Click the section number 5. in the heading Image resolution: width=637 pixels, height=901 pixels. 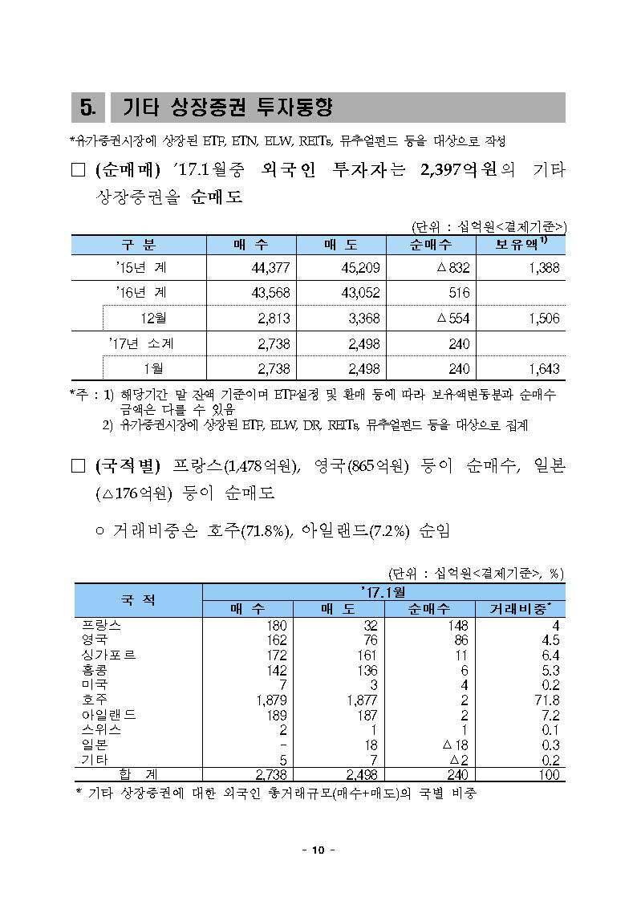(x=88, y=108)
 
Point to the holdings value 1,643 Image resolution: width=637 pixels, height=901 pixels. (x=543, y=368)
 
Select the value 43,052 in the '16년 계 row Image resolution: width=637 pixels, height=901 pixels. (x=360, y=293)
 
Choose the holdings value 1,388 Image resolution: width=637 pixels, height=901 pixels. (x=543, y=268)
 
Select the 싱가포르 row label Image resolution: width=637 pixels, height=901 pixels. (x=110, y=655)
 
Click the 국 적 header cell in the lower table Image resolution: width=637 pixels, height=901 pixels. (x=138, y=599)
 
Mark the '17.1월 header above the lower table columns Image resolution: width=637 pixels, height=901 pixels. (x=383, y=592)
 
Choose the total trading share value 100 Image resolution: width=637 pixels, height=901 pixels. (x=549, y=775)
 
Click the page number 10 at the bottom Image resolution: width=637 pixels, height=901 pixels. (x=318, y=850)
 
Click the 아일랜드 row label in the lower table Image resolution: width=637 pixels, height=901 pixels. (x=110, y=715)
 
